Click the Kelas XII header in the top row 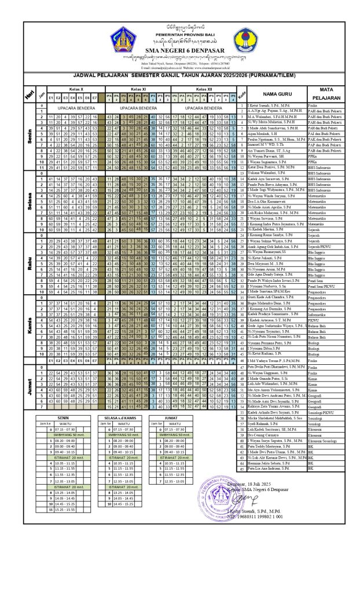pos(205,89)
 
